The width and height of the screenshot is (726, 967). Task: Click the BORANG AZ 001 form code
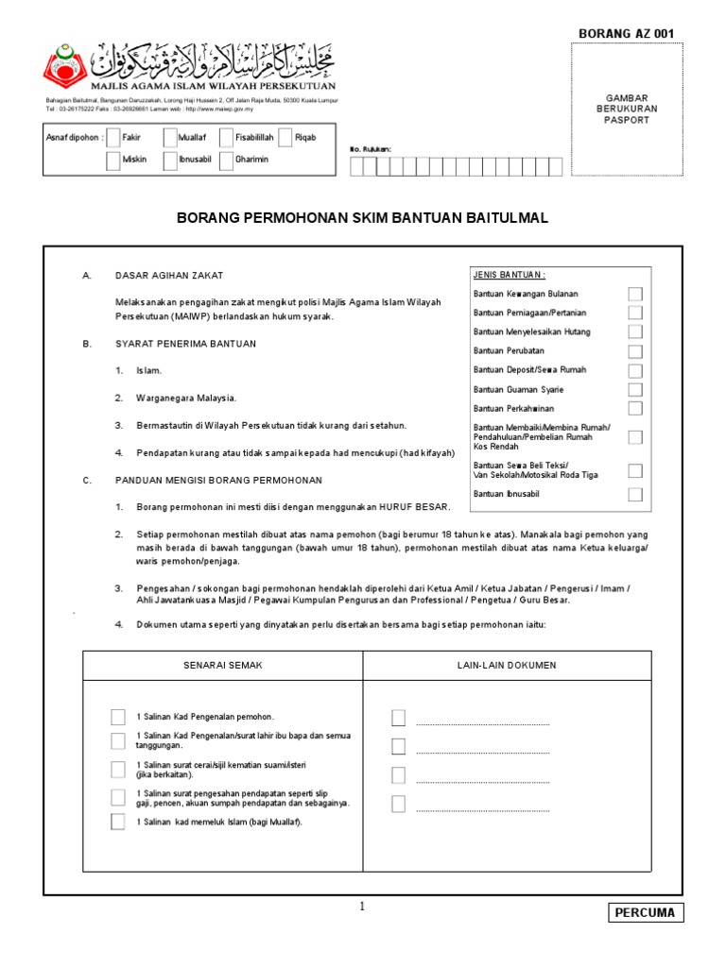click(x=627, y=34)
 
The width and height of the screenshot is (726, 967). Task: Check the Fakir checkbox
click(x=113, y=138)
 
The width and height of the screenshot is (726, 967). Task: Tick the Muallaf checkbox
click(x=170, y=138)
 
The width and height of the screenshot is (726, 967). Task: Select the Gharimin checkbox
click(x=227, y=160)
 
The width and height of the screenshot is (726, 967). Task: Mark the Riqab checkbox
click(x=285, y=138)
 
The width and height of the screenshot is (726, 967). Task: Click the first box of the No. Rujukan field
click(x=356, y=167)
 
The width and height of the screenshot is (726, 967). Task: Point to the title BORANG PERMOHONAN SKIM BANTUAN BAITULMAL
click(x=363, y=218)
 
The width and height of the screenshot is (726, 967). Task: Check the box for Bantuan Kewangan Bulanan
click(x=635, y=295)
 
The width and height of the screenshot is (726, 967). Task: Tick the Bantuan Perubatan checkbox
click(x=635, y=350)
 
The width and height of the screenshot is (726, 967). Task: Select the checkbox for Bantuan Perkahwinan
click(x=635, y=408)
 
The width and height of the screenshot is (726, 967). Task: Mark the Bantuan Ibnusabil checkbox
click(x=635, y=494)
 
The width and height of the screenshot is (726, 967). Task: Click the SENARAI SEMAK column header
click(x=222, y=666)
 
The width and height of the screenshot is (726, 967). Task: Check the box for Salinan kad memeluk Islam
click(x=117, y=822)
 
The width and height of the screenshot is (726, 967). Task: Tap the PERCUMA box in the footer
click(x=645, y=913)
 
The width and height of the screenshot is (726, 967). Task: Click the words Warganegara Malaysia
click(x=187, y=399)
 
